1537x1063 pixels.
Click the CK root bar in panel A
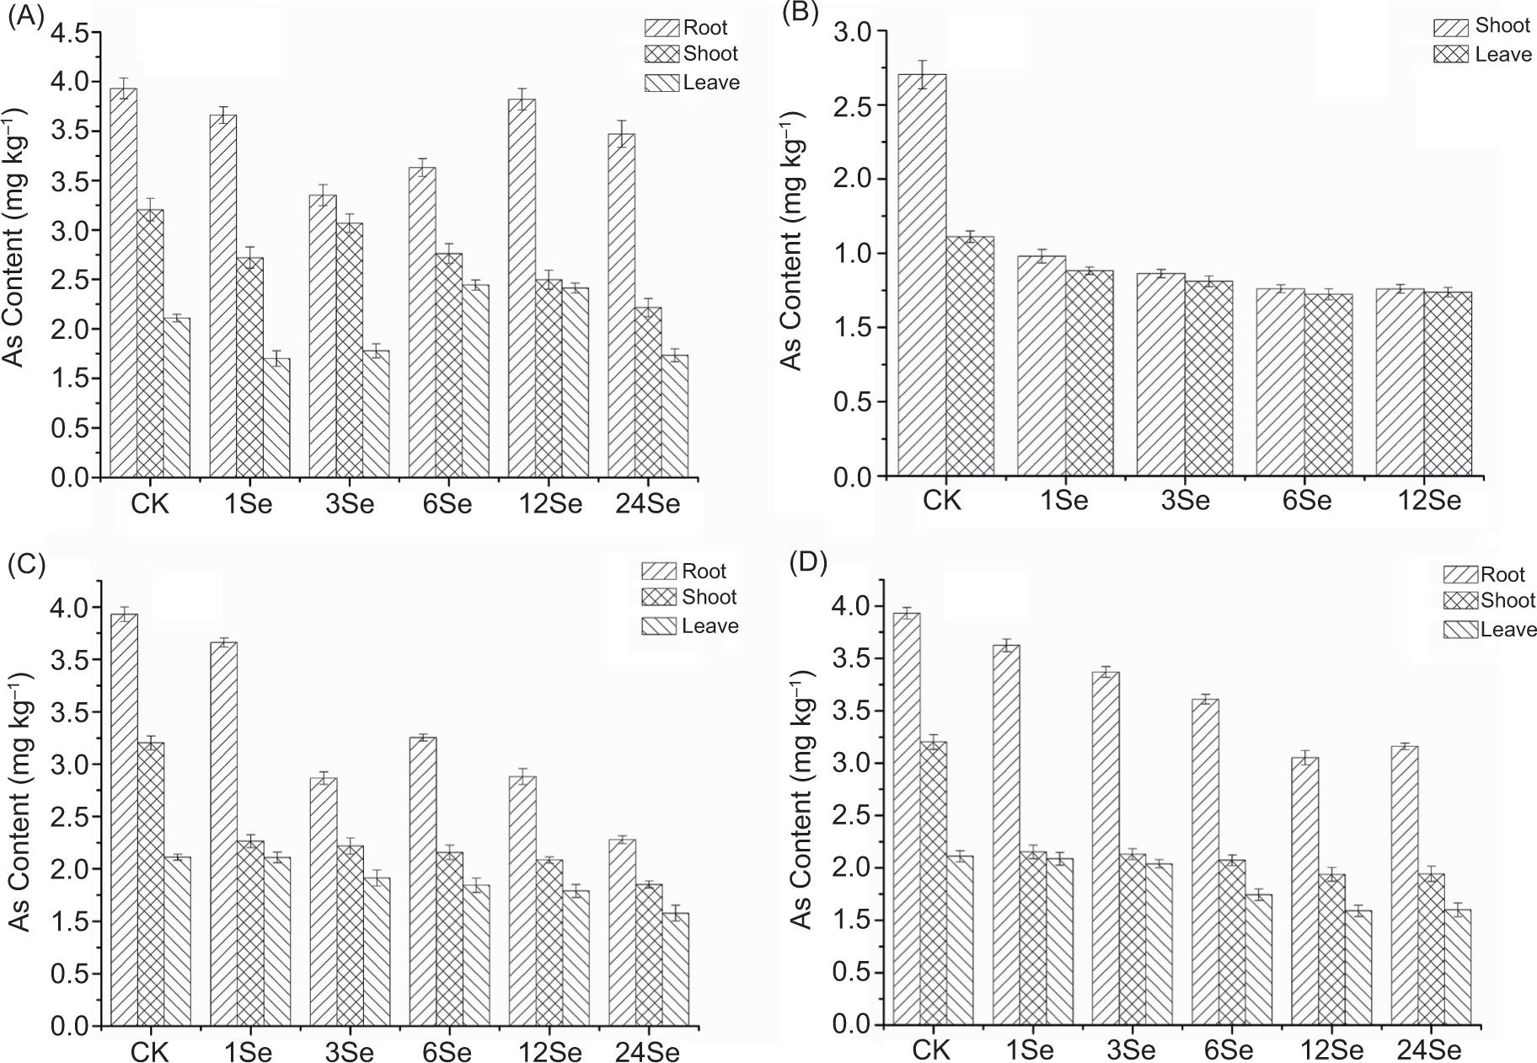point(124,282)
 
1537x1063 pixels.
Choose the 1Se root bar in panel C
point(224,834)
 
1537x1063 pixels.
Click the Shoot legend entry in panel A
point(692,54)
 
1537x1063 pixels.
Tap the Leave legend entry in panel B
point(1482,55)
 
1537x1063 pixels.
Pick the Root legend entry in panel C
point(684,572)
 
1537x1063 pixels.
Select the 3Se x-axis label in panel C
point(349,1053)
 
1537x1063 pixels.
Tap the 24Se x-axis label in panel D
point(1429,1050)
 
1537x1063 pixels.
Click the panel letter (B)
point(800,13)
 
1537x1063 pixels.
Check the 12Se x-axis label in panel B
point(1429,500)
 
